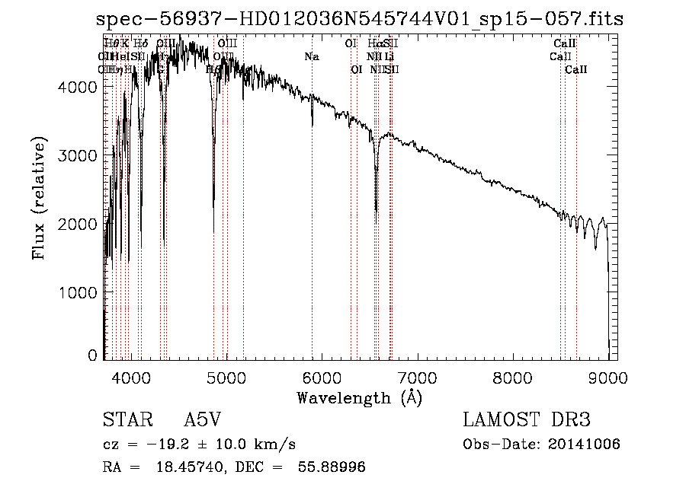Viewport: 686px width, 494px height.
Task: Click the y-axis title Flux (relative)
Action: (38, 198)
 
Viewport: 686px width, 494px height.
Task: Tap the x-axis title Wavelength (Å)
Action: (359, 397)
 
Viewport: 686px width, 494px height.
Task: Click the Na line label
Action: (311, 56)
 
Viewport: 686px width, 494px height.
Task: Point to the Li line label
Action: (389, 56)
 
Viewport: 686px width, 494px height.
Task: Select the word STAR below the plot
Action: (121, 420)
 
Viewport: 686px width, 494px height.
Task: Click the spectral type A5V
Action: (201, 420)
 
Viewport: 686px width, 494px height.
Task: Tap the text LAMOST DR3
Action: (527, 420)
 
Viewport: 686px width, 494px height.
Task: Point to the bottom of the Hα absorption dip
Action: (376, 211)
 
